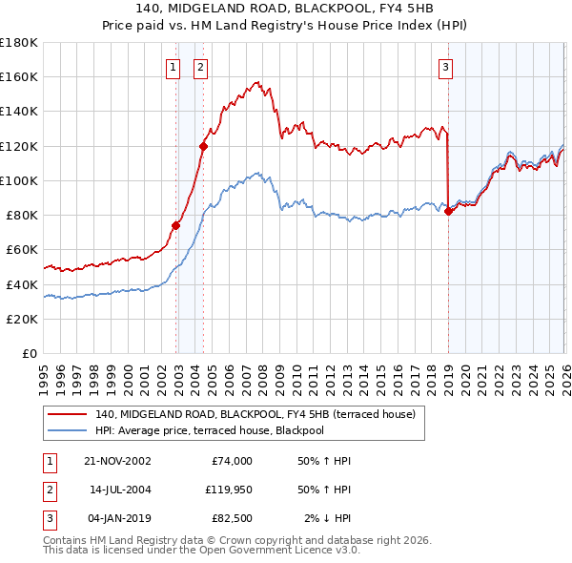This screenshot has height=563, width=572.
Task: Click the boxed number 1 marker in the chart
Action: (173, 69)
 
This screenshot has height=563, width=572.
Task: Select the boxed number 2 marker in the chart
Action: (200, 69)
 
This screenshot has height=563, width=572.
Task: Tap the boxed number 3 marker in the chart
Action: (445, 69)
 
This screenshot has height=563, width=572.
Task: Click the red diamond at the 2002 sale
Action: (175, 226)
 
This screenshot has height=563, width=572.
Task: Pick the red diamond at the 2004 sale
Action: (204, 147)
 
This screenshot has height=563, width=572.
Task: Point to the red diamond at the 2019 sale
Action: (448, 212)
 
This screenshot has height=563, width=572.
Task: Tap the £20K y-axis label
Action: (22, 320)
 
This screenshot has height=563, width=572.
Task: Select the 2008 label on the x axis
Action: (263, 381)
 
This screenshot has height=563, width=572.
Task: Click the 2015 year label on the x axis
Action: (381, 381)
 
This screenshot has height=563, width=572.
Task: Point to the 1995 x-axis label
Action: (44, 381)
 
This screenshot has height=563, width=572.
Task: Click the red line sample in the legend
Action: (67, 414)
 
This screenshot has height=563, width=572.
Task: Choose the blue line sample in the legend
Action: (67, 430)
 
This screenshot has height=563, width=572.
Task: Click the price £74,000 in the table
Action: (232, 461)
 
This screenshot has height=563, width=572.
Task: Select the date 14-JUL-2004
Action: (120, 490)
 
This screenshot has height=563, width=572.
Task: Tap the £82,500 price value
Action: (232, 518)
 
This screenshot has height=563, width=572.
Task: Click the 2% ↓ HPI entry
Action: (328, 518)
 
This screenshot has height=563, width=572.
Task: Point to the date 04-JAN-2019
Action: (120, 518)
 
